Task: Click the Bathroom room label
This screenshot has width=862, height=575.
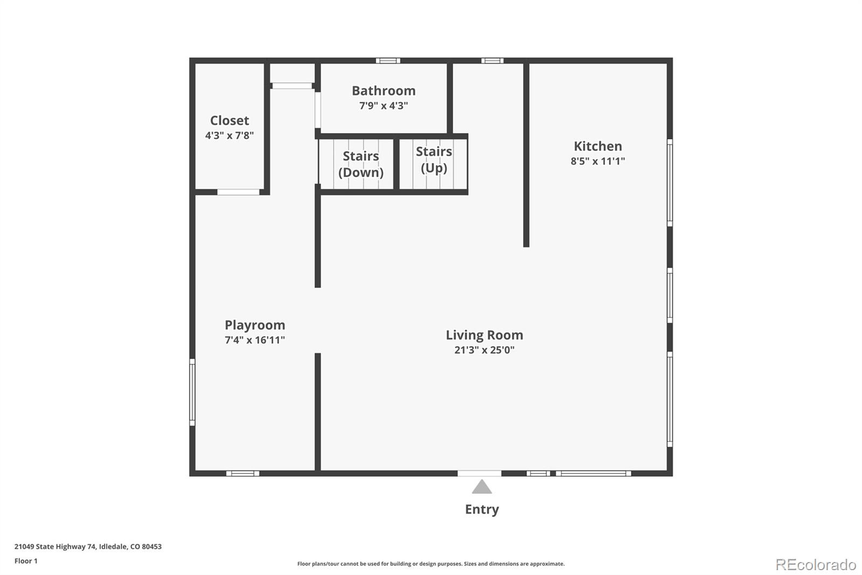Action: click(384, 91)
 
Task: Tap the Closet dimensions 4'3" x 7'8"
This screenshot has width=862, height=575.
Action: click(230, 135)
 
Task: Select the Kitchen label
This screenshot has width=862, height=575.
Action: click(597, 146)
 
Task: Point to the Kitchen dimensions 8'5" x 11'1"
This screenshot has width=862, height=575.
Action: click(597, 161)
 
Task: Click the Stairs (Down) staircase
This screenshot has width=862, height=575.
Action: click(356, 164)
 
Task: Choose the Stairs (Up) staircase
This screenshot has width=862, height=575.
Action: click(433, 164)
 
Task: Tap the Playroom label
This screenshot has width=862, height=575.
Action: click(255, 325)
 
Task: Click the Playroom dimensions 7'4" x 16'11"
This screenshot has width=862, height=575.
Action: click(255, 340)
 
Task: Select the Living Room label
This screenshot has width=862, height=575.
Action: click(484, 335)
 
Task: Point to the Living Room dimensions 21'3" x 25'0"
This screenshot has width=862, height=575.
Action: click(484, 350)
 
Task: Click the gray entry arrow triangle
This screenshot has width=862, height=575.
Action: click(482, 487)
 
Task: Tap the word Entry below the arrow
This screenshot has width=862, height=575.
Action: click(482, 510)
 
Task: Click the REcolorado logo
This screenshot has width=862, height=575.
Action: click(816, 565)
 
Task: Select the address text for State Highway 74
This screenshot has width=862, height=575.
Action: click(88, 546)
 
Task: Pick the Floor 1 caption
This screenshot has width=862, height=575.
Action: click(26, 561)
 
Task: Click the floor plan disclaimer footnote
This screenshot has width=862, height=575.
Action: click(431, 564)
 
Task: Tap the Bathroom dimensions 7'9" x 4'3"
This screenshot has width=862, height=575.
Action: click(384, 106)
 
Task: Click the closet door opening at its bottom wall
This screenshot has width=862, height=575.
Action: click(238, 192)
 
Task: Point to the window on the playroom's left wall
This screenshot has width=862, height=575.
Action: click(192, 392)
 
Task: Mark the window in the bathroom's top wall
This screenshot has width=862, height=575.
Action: click(388, 60)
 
